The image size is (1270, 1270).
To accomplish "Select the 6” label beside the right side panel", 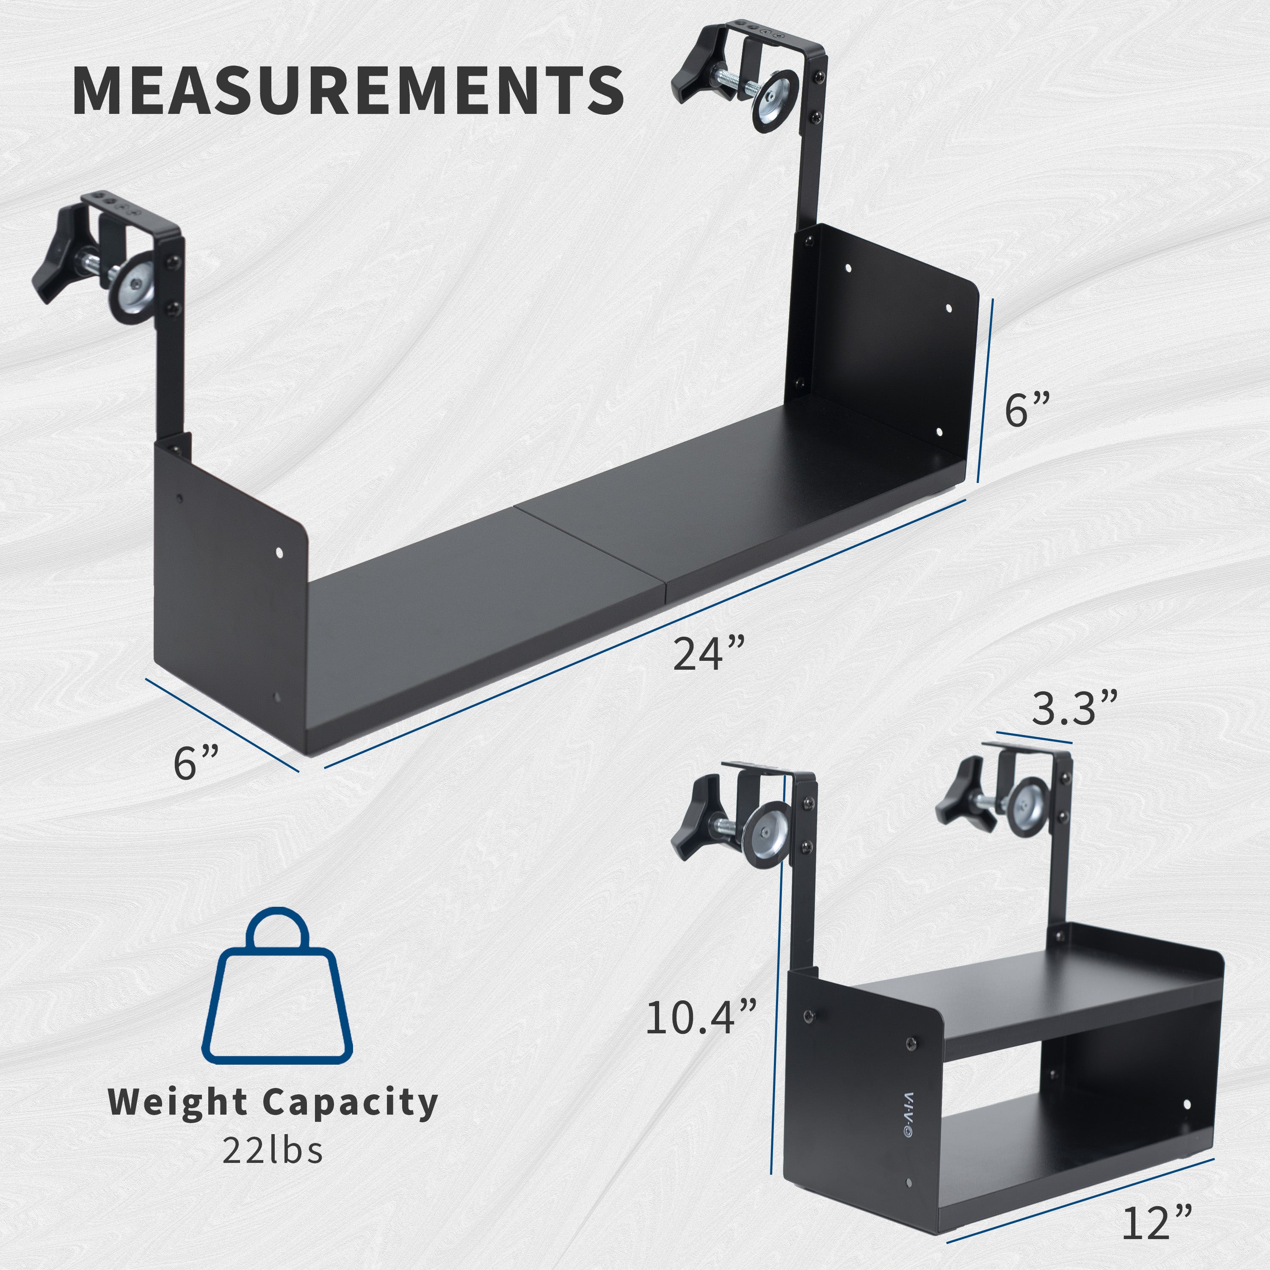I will [x=1027, y=409].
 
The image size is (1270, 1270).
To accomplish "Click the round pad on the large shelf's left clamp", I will [x=136, y=289].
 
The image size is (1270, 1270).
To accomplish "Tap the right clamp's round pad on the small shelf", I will [x=1027, y=806].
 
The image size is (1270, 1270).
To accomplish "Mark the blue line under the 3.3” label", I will [x=1034, y=737].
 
